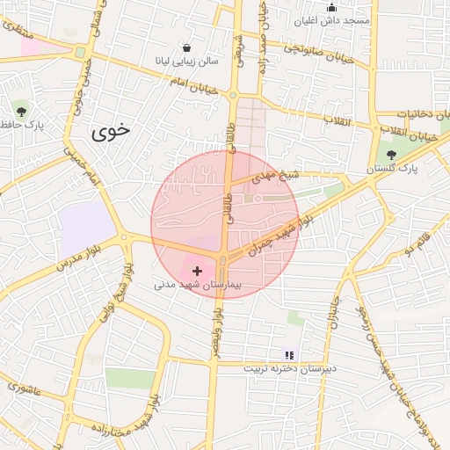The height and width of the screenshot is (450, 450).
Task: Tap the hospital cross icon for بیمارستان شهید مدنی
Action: [x=196, y=272]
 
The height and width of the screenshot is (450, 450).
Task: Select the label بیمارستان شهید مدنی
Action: [x=197, y=286]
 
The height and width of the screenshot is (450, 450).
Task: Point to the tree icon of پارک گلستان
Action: [x=391, y=155]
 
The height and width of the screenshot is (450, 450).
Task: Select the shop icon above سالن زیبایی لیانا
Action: [x=185, y=47]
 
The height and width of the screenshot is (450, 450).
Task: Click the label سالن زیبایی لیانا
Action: [x=185, y=62]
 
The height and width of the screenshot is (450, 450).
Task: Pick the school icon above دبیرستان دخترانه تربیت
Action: [x=290, y=355]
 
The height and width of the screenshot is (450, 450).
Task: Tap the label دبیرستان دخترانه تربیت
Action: [x=291, y=368]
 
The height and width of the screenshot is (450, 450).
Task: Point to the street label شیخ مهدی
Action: [x=277, y=176]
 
